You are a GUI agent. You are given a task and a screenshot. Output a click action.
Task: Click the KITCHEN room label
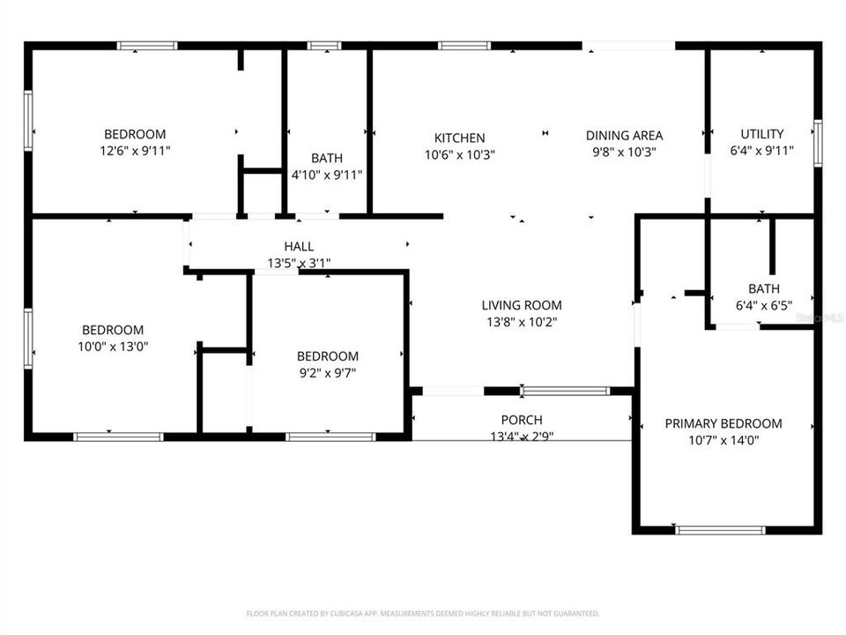tap(459, 138)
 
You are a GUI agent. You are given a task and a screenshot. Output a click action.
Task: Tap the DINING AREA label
tap(624, 136)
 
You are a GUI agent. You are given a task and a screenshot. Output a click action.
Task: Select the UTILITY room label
tap(761, 134)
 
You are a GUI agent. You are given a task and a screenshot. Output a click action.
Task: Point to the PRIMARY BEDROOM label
tap(723, 423)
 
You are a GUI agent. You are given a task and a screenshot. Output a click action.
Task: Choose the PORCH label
tap(522, 420)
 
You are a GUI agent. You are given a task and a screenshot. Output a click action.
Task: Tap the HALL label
tap(299, 247)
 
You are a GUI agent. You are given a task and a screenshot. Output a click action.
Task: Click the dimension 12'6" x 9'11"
tap(135, 150)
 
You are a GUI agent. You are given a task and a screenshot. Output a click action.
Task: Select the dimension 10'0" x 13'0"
tap(113, 347)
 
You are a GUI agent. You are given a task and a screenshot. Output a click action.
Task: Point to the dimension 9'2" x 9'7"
tap(327, 372)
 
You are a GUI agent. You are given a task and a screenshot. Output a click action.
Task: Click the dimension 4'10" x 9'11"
tap(326, 174)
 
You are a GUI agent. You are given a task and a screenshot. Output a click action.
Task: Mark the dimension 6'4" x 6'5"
tap(763, 304)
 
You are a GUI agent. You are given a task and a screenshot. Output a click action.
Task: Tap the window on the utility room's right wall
tap(818, 143)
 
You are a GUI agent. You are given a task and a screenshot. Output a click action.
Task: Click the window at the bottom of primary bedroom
tap(720, 530)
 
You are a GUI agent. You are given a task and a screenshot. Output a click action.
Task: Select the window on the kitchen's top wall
tap(464, 45)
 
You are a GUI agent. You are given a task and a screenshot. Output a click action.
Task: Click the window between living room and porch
tap(564, 391)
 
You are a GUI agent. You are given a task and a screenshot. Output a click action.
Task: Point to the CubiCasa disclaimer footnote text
tap(422, 613)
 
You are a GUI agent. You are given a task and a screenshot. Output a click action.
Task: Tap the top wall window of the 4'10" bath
tap(323, 45)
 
